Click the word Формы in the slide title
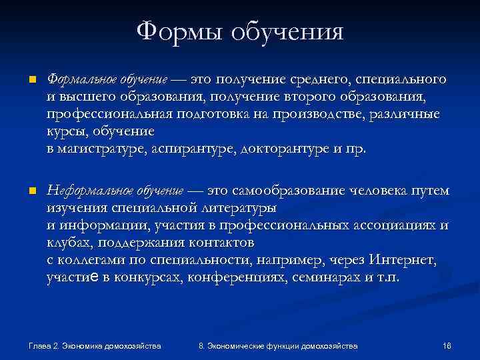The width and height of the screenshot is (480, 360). coord(179,31)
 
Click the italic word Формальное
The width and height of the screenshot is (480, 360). coord(73,80)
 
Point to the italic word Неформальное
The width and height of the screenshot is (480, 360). coord(81,191)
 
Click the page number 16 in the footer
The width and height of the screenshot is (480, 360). coord(447,346)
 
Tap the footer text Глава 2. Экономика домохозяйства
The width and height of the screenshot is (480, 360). coord(95,346)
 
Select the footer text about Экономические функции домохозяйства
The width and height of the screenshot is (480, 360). coord(278,346)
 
